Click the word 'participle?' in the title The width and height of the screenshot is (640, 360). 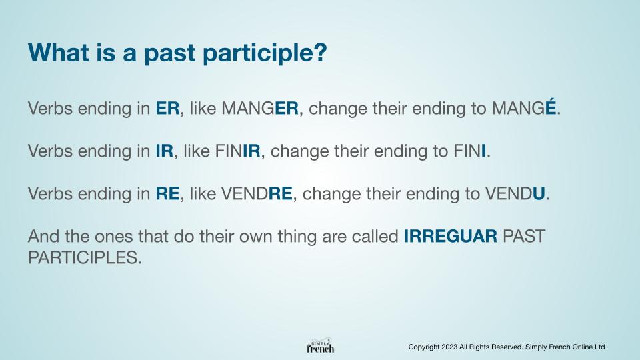click(265, 54)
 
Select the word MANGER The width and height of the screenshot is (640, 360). click(260, 108)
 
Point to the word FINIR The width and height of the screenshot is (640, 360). click(237, 151)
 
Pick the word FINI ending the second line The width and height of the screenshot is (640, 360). click(469, 151)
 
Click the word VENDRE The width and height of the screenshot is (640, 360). click(257, 193)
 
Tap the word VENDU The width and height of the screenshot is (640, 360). click(515, 193)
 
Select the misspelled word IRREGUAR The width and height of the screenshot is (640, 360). click(451, 236)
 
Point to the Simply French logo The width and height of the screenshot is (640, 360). click(321, 346)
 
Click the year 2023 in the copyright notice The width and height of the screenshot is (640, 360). click(449, 347)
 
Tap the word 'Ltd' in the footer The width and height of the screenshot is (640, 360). click(599, 347)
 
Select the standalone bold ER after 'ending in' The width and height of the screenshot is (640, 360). click(167, 108)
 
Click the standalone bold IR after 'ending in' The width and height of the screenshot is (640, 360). click(165, 151)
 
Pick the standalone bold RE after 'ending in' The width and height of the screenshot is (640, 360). click(167, 193)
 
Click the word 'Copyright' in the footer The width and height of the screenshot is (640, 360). click(424, 347)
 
